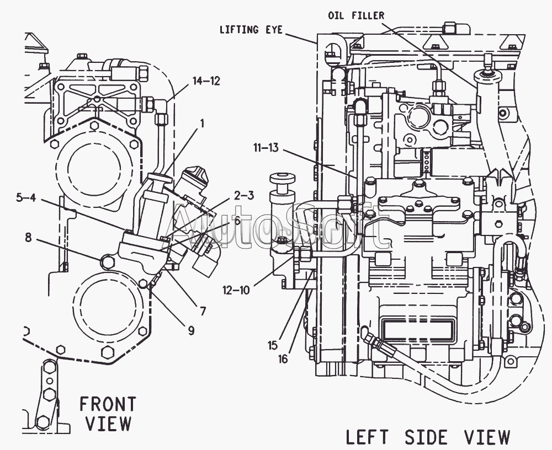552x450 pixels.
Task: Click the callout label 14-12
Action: (x=206, y=81)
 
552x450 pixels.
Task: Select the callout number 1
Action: (x=201, y=124)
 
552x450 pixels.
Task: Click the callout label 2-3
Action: (x=243, y=195)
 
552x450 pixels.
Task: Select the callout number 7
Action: (x=203, y=311)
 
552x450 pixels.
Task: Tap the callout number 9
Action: (x=190, y=330)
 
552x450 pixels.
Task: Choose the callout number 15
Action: (x=273, y=346)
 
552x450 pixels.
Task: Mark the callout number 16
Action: (x=283, y=359)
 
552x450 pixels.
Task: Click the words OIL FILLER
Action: (x=356, y=15)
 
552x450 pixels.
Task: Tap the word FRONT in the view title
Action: (x=107, y=404)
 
